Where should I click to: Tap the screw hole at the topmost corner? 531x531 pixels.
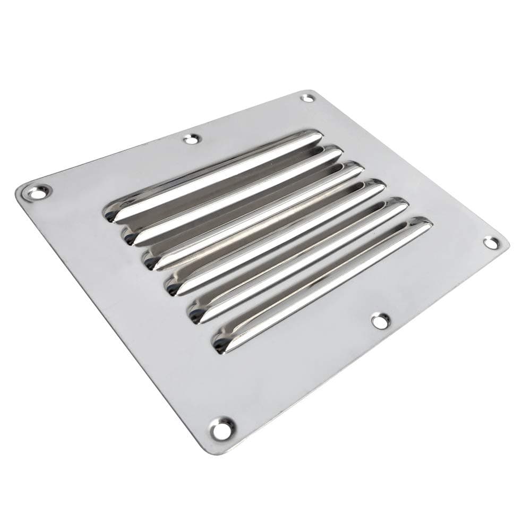(307, 98)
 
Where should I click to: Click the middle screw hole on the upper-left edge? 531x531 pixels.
(190, 139)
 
